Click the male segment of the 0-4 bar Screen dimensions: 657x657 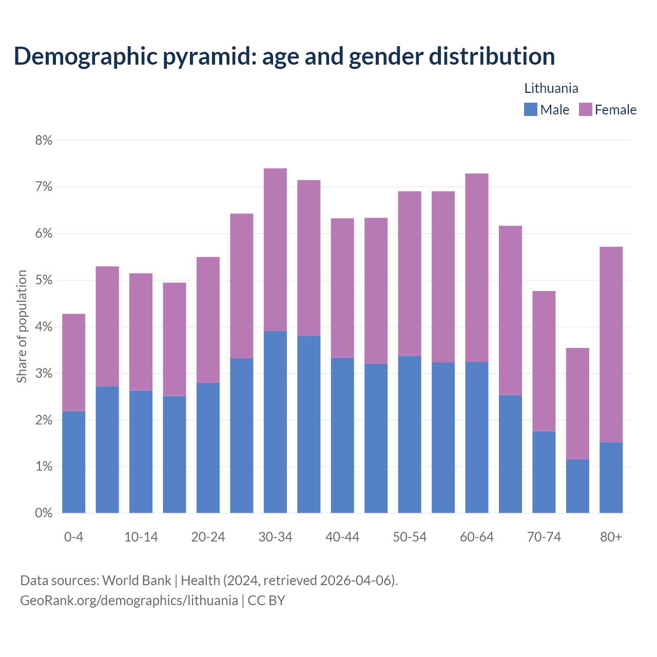[73, 461]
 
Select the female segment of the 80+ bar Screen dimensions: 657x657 [611, 344]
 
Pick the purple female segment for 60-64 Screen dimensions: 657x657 [476, 267]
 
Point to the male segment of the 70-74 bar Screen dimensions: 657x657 [544, 472]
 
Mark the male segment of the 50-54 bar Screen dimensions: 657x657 [410, 434]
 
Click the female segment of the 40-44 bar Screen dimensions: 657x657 [342, 287]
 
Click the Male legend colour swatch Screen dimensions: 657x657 [530, 109]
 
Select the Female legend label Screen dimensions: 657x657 [615, 110]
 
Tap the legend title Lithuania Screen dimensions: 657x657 [551, 88]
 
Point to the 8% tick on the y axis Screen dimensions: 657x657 [44, 140]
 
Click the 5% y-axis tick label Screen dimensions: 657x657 [44, 280]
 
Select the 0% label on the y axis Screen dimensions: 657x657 [44, 513]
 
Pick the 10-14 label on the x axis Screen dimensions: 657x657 [141, 537]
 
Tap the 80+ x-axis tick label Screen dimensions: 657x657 [611, 537]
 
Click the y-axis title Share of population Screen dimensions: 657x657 [22, 326]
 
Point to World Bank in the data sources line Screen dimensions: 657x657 [137, 581]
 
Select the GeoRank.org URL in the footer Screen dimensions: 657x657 [129, 600]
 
